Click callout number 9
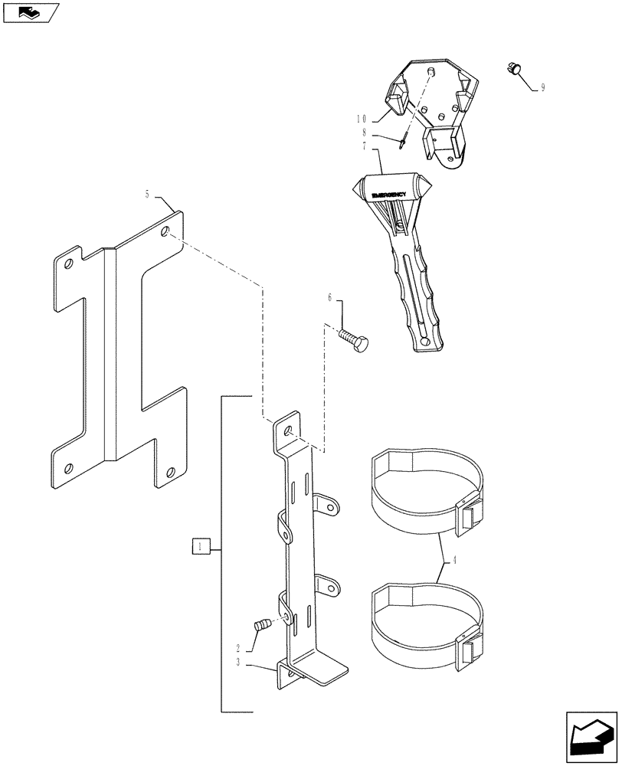542,88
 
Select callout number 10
362,119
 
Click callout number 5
148,195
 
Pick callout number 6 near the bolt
330,299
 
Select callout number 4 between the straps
455,560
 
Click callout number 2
239,648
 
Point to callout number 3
239,662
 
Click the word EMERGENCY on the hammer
391,195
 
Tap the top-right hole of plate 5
167,230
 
